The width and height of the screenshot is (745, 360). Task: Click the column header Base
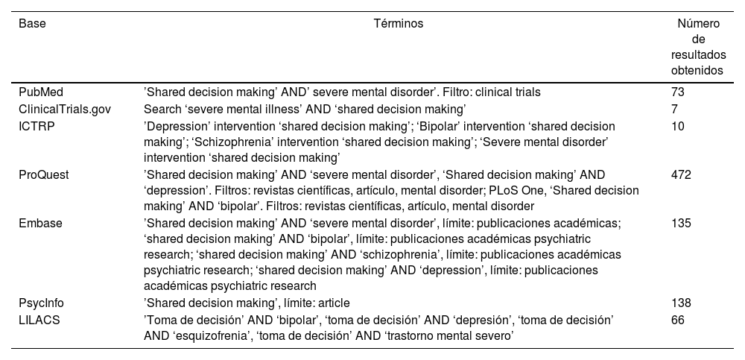point(32,24)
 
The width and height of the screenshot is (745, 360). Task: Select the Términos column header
point(398,24)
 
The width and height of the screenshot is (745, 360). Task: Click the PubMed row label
point(39,92)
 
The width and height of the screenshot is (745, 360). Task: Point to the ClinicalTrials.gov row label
point(65,109)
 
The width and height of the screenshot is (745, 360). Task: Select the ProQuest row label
point(43,174)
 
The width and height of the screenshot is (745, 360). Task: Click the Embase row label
point(40,223)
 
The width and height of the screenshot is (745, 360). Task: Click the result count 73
point(678,92)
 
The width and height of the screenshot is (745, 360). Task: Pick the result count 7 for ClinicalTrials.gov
point(675,109)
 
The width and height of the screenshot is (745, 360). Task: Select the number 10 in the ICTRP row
point(678,124)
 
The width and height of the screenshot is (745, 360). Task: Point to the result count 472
point(682,174)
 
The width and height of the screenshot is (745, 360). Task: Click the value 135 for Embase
point(682,223)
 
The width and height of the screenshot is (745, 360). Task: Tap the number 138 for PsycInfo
point(682,303)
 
